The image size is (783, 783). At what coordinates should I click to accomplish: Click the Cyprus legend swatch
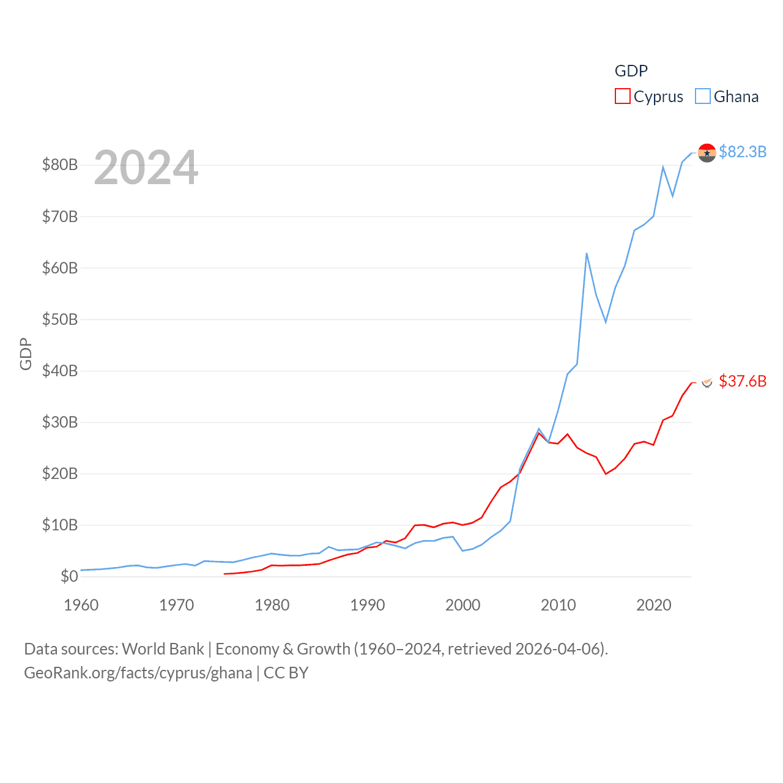coord(622,97)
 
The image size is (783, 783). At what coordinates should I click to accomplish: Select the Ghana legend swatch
coord(703,97)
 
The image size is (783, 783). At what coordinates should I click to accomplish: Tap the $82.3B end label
coord(743,152)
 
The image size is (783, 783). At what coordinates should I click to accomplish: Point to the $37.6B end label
coord(743,381)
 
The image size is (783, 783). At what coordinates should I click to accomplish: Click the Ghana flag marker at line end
coord(707,153)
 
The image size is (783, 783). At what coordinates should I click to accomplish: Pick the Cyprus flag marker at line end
coord(707,382)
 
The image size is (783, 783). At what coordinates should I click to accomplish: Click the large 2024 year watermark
coord(146,167)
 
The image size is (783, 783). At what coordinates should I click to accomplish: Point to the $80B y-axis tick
coord(60,165)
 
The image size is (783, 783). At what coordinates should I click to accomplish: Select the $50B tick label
coord(60,319)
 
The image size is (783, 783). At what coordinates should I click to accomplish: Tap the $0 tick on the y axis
coord(69,576)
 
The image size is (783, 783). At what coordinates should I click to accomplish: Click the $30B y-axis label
coord(60,422)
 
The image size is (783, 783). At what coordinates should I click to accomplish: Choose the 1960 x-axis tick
coord(81,605)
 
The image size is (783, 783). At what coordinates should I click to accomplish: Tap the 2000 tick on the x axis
coord(463,605)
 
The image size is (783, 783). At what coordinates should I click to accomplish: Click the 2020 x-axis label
coord(654,605)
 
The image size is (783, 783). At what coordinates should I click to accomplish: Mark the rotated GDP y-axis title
coord(26,354)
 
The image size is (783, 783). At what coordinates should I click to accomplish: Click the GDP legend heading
coord(631,71)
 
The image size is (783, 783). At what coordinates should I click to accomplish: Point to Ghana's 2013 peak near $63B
coord(587,253)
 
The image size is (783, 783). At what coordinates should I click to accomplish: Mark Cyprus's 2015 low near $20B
coord(606,473)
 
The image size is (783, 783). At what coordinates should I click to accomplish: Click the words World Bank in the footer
coord(163,648)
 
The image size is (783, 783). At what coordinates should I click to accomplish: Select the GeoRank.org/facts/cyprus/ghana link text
coord(138,673)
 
